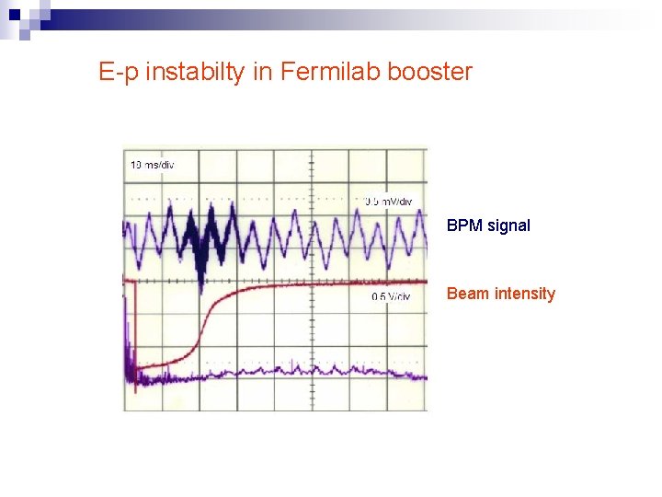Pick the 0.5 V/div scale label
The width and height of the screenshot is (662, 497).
coord(391,296)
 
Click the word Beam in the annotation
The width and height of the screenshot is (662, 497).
coord(466,294)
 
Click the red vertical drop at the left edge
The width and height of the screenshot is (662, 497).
coord(135,331)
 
